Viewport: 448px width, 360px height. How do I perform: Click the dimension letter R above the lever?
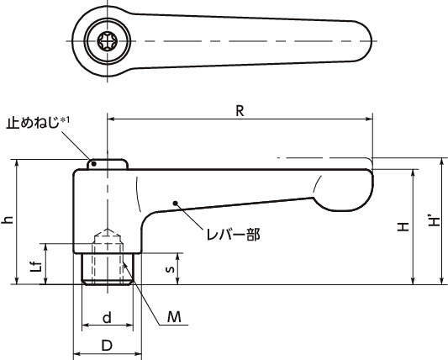tap(240, 111)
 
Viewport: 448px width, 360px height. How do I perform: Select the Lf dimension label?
tap(38, 267)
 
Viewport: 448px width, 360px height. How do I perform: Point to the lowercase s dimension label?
tap(171, 269)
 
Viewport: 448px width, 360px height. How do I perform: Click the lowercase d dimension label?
tap(107, 317)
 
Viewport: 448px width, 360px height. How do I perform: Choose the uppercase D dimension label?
tap(107, 346)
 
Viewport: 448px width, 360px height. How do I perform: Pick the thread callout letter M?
tap(174, 317)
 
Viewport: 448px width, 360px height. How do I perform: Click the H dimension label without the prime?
tap(403, 227)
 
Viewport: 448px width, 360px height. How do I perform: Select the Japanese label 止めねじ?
tap(33, 124)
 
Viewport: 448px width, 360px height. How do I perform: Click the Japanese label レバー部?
tap(234, 235)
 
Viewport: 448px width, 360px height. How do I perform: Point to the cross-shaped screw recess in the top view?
tap(107, 41)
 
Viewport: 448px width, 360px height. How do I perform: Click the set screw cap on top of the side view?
tap(107, 164)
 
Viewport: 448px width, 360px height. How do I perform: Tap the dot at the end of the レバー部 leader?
tap(176, 204)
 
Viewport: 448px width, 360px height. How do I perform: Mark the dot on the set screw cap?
tap(93, 163)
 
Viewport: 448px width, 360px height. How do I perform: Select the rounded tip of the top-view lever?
tap(363, 40)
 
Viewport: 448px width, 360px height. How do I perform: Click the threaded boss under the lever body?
tap(107, 269)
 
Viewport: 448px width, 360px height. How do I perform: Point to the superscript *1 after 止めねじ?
tap(65, 120)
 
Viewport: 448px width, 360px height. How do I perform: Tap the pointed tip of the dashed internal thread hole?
tap(107, 230)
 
